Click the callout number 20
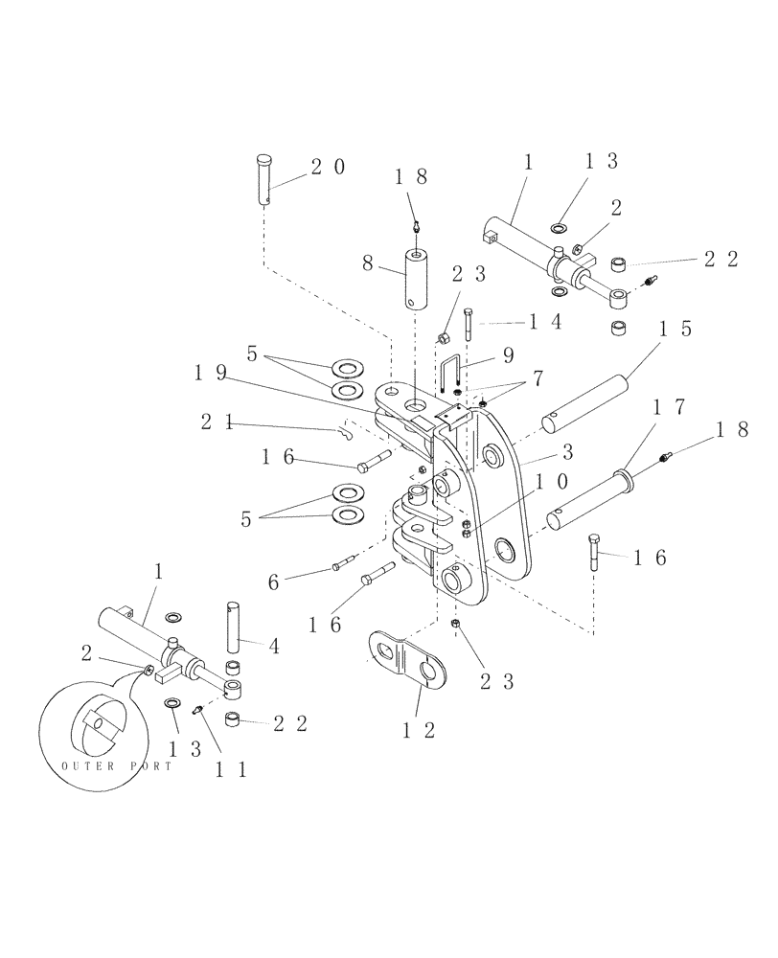coord(326,167)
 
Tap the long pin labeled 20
coord(265,180)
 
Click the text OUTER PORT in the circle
coord(116,765)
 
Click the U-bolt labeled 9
coord(453,376)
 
